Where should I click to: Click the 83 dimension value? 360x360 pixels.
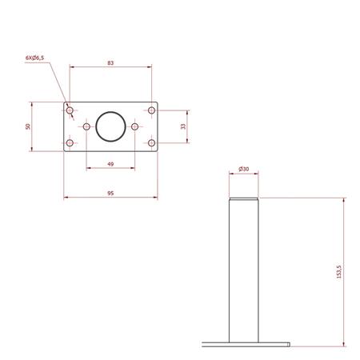click(110, 62)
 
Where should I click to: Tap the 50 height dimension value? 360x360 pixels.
click(29, 126)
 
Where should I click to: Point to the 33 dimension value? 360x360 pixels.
click(183, 126)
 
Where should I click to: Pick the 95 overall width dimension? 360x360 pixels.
click(110, 192)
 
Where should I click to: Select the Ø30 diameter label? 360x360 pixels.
click(244, 169)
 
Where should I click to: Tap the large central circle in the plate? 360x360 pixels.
click(110, 126)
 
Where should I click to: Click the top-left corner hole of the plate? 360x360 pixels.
click(70, 109)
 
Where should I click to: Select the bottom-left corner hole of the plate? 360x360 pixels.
click(70, 143)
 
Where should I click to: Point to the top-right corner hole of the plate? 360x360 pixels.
click(150, 109)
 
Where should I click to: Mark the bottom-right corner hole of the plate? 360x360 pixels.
click(150, 143)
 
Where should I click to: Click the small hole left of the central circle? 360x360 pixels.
click(86, 126)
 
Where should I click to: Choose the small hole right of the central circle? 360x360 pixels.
click(135, 126)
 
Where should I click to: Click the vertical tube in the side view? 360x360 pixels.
click(244, 272)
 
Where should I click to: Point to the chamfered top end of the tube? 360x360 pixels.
click(244, 199)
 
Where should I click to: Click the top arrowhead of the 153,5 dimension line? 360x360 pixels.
click(344, 201)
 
